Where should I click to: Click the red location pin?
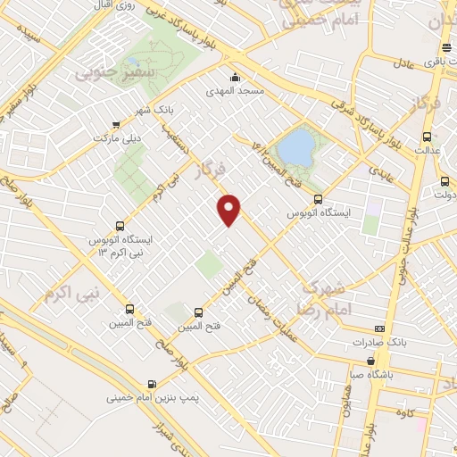point(230,209)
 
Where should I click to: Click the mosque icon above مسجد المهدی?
point(234,77)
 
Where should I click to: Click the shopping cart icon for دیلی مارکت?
point(116,125)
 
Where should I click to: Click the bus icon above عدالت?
point(426,137)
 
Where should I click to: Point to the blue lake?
point(295,145)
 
